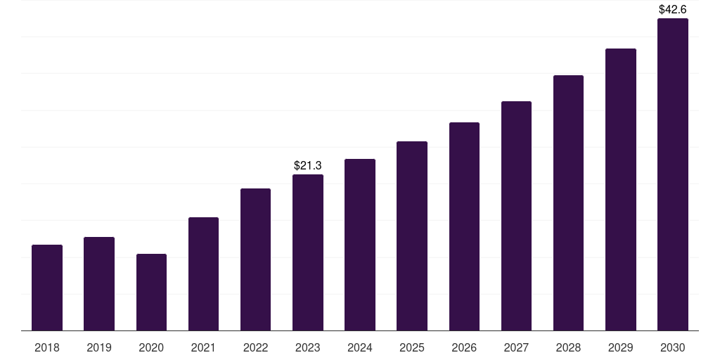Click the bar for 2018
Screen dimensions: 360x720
click(x=47, y=288)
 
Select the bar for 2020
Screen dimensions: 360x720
click(x=151, y=292)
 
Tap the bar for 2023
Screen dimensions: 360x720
click(x=308, y=252)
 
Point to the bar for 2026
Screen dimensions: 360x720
click(x=464, y=226)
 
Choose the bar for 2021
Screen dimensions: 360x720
click(x=203, y=274)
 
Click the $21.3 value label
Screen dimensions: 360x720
click(x=308, y=165)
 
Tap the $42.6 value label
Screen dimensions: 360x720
click(x=673, y=10)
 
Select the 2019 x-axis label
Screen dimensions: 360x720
click(x=99, y=347)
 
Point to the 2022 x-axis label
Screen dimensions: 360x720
click(x=255, y=347)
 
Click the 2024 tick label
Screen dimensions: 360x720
click(x=360, y=347)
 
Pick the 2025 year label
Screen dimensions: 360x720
click(x=412, y=347)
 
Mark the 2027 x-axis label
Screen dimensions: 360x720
click(x=516, y=347)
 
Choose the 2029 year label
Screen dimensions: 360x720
click(x=621, y=347)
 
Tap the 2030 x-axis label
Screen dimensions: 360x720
click(x=673, y=347)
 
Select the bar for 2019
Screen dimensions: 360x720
click(x=99, y=283)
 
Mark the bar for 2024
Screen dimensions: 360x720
click(x=360, y=245)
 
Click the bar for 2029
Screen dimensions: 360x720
click(x=621, y=189)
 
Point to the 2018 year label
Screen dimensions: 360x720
click(x=47, y=347)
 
